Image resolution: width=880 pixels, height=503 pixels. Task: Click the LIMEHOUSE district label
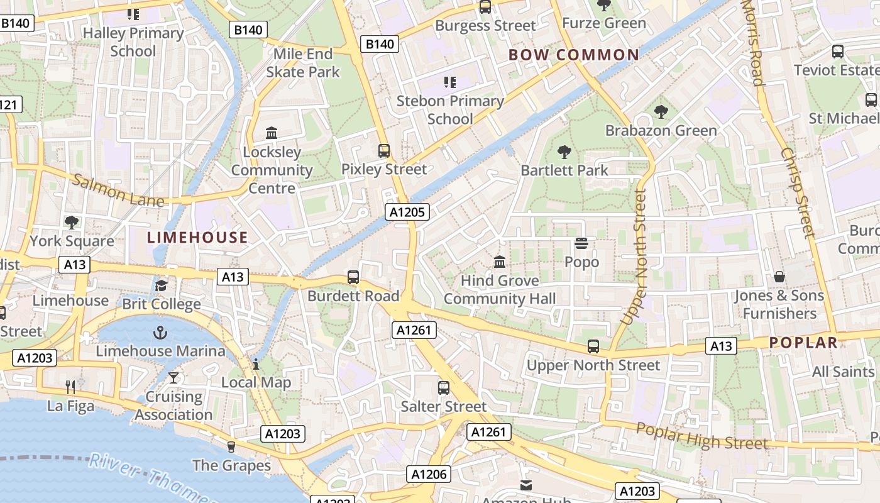click(x=197, y=237)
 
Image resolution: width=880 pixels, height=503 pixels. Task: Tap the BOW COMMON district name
click(x=573, y=55)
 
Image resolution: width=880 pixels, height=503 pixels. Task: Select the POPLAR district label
click(x=803, y=343)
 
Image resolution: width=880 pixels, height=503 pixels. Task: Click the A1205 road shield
click(x=407, y=212)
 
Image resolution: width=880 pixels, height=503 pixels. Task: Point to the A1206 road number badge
click(x=429, y=474)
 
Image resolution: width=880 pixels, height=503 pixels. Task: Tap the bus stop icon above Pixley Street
click(x=383, y=151)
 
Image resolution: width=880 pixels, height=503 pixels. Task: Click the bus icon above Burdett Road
click(x=353, y=277)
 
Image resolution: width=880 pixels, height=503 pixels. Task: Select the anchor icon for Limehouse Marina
click(x=161, y=332)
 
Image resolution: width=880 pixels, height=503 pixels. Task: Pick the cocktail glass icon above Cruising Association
click(x=173, y=377)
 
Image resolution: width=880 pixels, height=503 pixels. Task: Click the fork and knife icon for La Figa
click(x=70, y=387)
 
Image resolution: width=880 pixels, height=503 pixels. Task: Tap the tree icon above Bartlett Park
click(x=564, y=152)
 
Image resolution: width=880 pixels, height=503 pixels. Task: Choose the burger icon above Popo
click(x=581, y=243)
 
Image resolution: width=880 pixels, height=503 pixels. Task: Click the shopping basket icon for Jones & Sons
click(x=779, y=277)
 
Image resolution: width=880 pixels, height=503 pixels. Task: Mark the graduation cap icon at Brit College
click(x=162, y=285)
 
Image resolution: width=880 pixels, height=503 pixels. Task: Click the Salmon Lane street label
click(x=118, y=191)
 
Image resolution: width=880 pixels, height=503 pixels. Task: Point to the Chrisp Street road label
click(x=798, y=192)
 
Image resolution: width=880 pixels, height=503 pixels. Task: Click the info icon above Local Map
click(x=256, y=364)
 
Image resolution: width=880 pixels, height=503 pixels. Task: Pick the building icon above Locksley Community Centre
click(x=272, y=133)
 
